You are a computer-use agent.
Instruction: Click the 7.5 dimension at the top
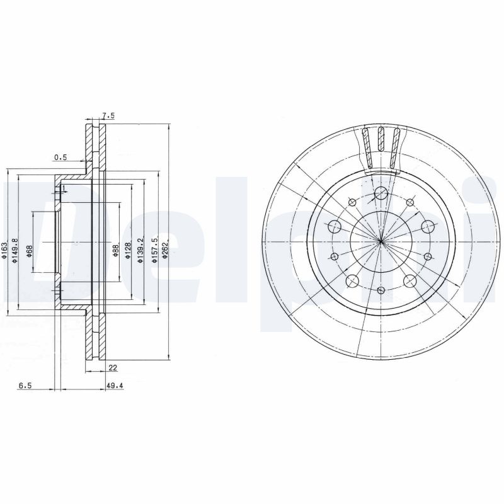(x=108, y=116)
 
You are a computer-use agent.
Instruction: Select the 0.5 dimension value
(x=60, y=157)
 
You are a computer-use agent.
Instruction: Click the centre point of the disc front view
(x=381, y=242)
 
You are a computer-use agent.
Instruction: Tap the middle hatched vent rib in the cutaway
(x=381, y=140)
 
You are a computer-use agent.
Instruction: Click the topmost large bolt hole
(x=381, y=193)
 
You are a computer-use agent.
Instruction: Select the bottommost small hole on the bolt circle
(x=381, y=290)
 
